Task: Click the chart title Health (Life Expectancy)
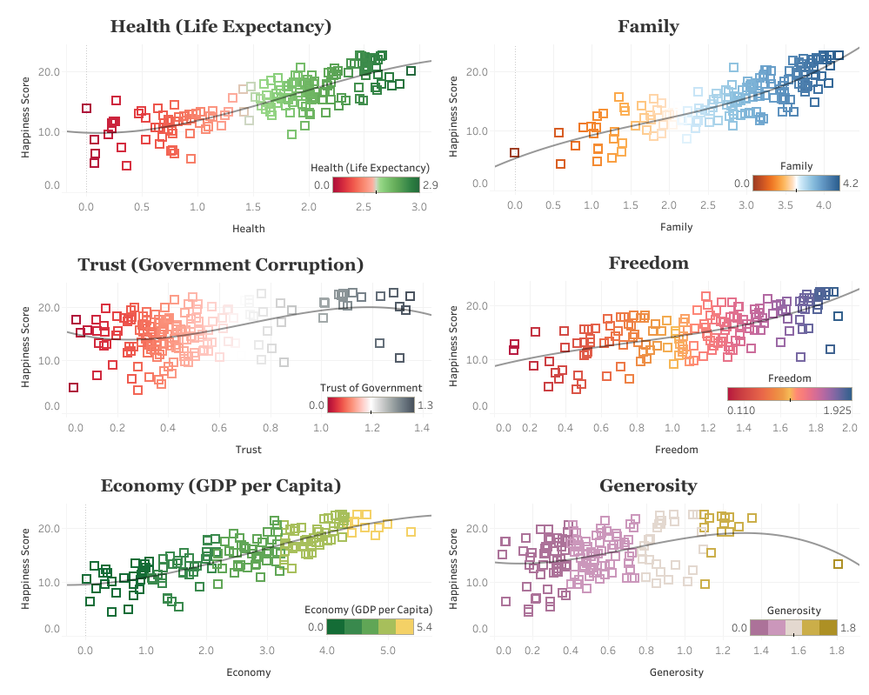(x=221, y=27)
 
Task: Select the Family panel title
(x=648, y=27)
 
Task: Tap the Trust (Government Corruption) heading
(x=221, y=264)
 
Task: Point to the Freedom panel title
(x=648, y=263)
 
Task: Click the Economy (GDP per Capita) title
(x=221, y=485)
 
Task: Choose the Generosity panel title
(x=648, y=485)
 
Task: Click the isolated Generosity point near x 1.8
(x=838, y=565)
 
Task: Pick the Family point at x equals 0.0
(x=514, y=153)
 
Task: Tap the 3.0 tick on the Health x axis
(x=418, y=207)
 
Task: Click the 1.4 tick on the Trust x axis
(x=422, y=428)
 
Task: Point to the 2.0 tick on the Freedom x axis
(x=849, y=428)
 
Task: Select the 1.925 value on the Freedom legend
(x=835, y=409)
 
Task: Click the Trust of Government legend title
(x=371, y=388)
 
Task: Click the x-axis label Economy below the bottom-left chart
(x=249, y=672)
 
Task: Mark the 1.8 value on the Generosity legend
(x=847, y=628)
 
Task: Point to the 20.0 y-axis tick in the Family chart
(x=477, y=71)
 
